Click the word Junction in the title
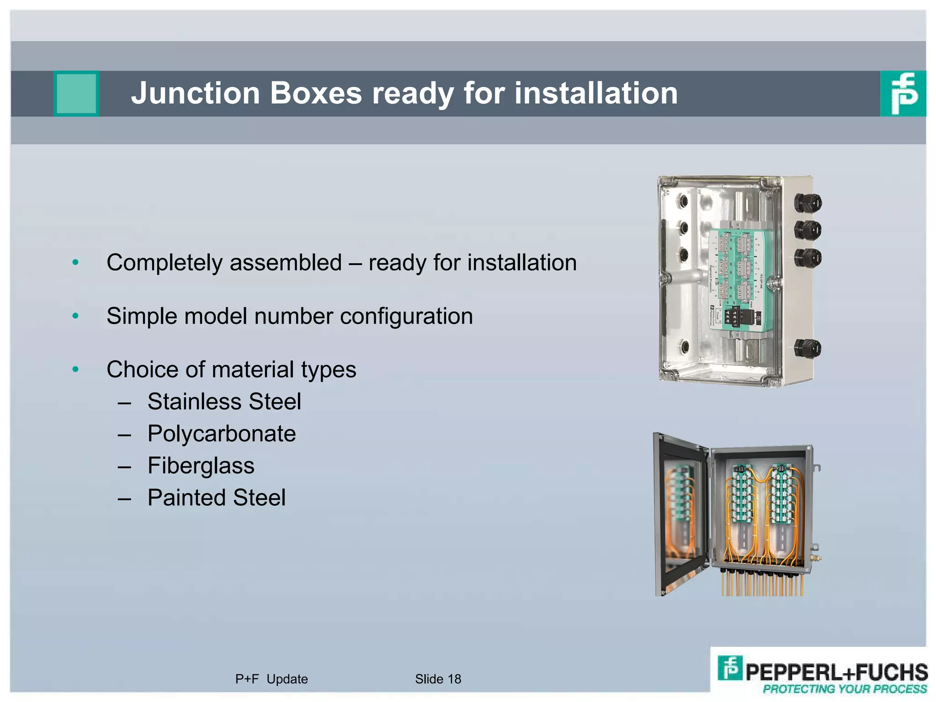(x=195, y=93)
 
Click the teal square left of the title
(x=76, y=93)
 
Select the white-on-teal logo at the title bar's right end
(x=903, y=93)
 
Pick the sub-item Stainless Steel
(x=224, y=402)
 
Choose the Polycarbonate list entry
(x=222, y=434)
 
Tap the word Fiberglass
(x=201, y=466)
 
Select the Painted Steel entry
(x=216, y=498)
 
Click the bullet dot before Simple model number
(x=76, y=316)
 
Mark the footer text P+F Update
(x=271, y=679)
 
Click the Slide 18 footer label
(x=438, y=679)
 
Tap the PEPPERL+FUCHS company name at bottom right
(x=836, y=672)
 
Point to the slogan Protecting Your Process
(x=845, y=689)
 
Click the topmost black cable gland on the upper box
(x=808, y=202)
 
